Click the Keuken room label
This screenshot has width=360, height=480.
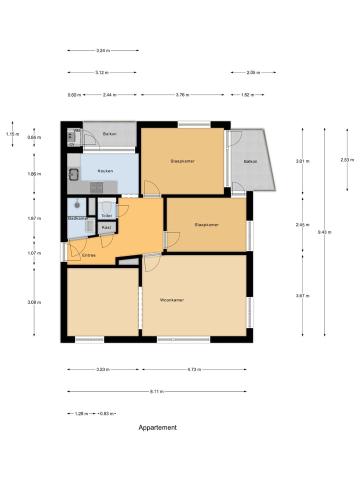pyautogui.click(x=105, y=171)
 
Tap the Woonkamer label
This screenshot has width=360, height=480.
pyautogui.click(x=172, y=300)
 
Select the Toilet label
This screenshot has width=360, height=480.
pyautogui.click(x=106, y=215)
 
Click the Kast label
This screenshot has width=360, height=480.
pyautogui.click(x=106, y=227)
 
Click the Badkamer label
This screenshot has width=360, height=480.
pyautogui.click(x=78, y=218)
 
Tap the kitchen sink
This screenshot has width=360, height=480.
pyautogui.click(x=73, y=174)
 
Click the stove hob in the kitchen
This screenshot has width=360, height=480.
pyautogui.click(x=96, y=187)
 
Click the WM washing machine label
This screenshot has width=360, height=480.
pyautogui.click(x=76, y=131)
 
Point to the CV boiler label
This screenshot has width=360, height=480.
pyautogui.click(x=71, y=144)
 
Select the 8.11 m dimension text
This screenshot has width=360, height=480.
pyautogui.click(x=157, y=391)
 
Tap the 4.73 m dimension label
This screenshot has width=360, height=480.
pyautogui.click(x=194, y=369)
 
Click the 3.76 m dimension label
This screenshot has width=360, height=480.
pyautogui.click(x=182, y=94)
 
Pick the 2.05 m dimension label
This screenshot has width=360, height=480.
pyautogui.click(x=253, y=72)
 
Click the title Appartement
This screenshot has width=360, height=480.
pyautogui.click(x=157, y=427)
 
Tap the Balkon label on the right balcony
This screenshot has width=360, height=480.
pyautogui.click(x=250, y=161)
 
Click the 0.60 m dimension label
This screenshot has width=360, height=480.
pyautogui.click(x=74, y=94)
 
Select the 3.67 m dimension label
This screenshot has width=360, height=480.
pyautogui.click(x=302, y=296)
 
